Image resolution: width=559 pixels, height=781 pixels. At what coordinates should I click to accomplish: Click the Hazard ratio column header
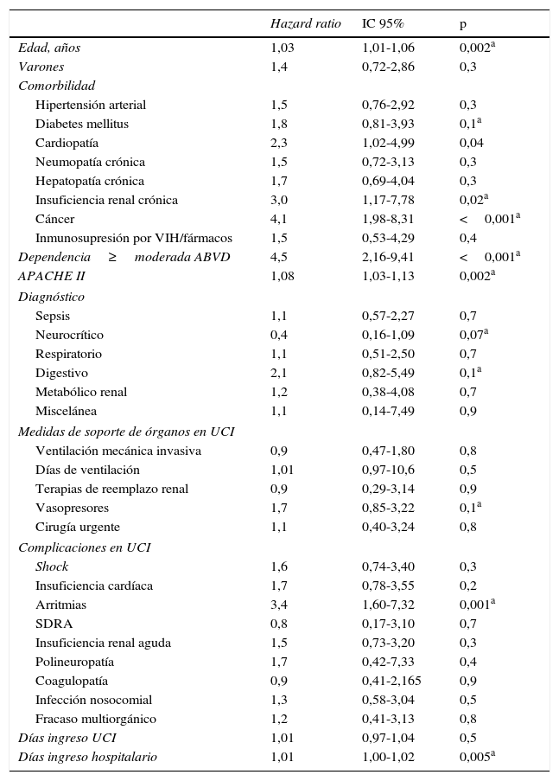(305, 23)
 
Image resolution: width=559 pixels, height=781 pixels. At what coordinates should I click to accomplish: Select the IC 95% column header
(382, 23)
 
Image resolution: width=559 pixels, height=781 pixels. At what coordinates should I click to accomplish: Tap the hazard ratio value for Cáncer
(279, 219)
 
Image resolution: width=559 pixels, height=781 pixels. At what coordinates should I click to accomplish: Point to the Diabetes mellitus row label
(82, 124)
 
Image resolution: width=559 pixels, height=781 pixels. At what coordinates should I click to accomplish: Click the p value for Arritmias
(477, 605)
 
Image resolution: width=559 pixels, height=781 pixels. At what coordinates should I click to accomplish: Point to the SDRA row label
(54, 624)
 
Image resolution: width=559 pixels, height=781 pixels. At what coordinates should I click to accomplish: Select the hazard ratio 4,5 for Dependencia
(279, 257)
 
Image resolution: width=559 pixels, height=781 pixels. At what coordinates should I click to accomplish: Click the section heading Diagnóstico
(51, 297)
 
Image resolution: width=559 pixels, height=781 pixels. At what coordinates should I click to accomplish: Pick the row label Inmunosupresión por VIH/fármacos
(134, 238)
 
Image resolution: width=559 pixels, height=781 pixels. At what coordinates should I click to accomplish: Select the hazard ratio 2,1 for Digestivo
(279, 373)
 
